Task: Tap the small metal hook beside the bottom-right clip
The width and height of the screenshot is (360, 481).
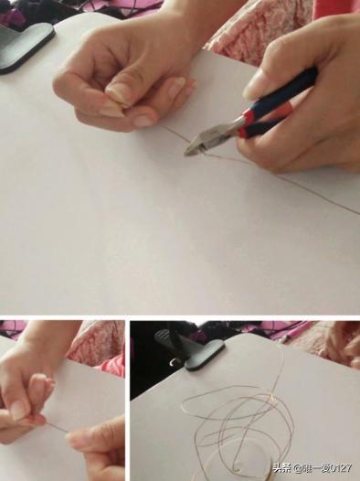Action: pos(173,362)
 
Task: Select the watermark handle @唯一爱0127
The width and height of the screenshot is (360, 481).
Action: pos(323,468)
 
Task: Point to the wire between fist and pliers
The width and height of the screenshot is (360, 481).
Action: pos(173,132)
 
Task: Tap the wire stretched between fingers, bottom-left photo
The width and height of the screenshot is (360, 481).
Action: pos(58,428)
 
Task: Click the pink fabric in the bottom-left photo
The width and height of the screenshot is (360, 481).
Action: pos(97,344)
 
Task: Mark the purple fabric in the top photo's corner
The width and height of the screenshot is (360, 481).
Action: pos(11,12)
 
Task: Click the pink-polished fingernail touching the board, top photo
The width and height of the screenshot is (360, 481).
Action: pos(144,121)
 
